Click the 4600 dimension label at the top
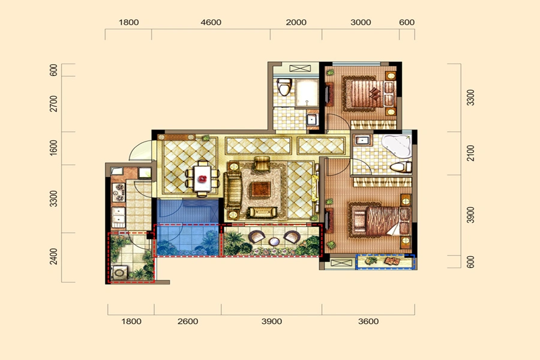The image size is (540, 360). pos(211,22)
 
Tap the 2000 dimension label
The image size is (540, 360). pos(296,22)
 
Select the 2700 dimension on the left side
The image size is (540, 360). pos(54,104)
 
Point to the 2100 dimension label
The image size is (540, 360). pos(470,154)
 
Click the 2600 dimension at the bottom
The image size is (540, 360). pos(188,322)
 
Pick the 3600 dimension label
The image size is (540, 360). pos(368,322)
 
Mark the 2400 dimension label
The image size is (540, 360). pos(54,256)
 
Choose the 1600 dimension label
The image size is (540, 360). pos(54,148)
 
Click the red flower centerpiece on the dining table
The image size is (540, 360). pos(203,179)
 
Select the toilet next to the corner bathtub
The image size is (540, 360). pos(401,167)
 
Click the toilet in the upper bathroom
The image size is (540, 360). pos(284,87)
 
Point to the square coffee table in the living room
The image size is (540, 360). pos(261,189)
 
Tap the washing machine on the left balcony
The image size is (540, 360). pos(119,272)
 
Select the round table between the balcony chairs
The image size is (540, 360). pos(274,241)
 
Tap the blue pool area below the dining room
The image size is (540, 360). pos(188,227)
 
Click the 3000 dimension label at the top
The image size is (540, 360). pos(361,22)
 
